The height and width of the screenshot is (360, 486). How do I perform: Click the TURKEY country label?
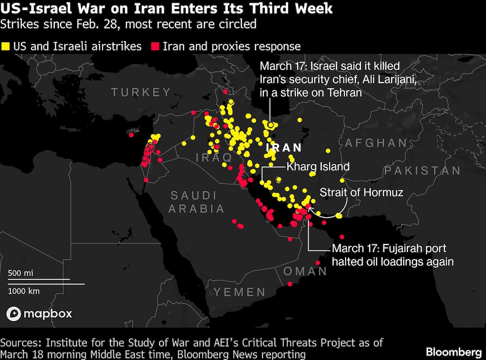point(141,92)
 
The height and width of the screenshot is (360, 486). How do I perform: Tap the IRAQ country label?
point(214,157)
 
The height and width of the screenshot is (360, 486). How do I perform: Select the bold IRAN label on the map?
point(284,148)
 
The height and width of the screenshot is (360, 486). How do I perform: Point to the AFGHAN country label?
point(376,143)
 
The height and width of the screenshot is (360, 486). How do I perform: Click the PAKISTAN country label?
point(422,171)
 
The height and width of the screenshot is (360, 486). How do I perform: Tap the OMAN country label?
point(305,271)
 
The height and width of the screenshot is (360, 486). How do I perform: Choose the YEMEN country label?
point(240,292)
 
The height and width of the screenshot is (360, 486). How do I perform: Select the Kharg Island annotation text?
point(318,167)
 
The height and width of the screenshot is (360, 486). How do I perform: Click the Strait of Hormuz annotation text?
point(362,192)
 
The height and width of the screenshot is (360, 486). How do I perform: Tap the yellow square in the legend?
point(6,47)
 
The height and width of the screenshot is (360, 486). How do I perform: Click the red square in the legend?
point(156,47)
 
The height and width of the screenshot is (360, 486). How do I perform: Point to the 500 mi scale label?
point(20,273)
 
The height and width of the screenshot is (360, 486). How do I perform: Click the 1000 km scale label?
point(24,291)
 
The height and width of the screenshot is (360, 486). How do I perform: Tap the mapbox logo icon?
point(14,314)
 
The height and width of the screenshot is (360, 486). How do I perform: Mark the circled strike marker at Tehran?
point(270,125)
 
